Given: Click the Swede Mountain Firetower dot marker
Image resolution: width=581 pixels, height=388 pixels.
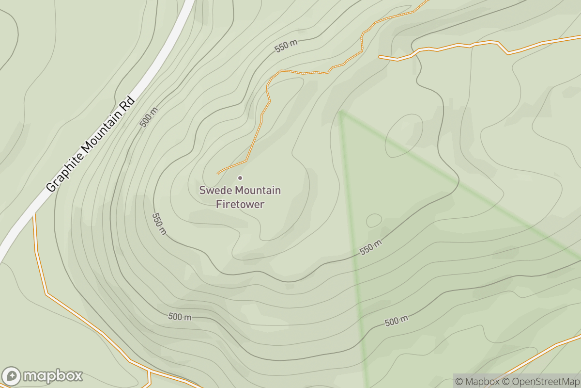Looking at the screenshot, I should (x=240, y=178).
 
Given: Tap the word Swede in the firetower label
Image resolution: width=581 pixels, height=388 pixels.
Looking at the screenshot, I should (x=213, y=190).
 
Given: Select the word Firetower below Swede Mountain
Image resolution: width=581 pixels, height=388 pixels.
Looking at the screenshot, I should (x=240, y=204).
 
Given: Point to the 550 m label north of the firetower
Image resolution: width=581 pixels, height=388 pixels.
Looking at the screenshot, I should (x=287, y=46).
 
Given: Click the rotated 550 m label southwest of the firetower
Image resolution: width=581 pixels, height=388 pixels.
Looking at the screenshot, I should (x=159, y=224).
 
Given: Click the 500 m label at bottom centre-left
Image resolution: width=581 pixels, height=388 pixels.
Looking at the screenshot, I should (x=180, y=317).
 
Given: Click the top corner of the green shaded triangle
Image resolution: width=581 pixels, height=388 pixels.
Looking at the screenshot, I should (x=341, y=112).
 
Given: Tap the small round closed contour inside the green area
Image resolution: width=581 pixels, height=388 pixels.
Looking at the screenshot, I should (x=374, y=221).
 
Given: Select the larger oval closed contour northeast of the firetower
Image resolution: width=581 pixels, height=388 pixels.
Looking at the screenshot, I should (x=404, y=136).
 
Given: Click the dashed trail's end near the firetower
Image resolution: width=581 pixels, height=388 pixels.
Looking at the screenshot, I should (x=218, y=173).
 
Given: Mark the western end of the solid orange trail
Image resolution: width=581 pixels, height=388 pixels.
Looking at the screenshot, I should (x=380, y=57).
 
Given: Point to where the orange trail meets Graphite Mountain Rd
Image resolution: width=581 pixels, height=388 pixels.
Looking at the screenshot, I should (x=34, y=214).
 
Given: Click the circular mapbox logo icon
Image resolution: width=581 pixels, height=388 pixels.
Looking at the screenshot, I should (x=12, y=376).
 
